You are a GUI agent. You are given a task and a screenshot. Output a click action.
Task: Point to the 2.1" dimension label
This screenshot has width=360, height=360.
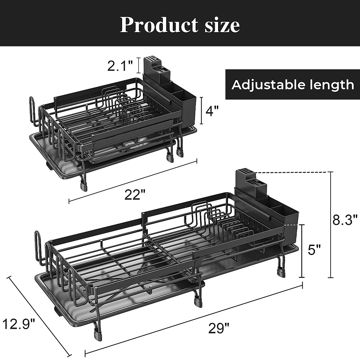pyautogui.click(x=120, y=66)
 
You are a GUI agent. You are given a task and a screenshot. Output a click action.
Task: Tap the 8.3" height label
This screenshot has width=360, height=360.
pyautogui.click(x=345, y=220)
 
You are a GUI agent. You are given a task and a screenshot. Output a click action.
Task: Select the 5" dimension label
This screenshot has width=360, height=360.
pyautogui.click(x=314, y=250)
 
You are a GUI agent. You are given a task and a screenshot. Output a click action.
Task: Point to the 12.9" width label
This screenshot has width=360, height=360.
pyautogui.click(x=19, y=324)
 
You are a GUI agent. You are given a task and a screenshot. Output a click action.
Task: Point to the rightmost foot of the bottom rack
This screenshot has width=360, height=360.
pyautogui.click(x=281, y=272)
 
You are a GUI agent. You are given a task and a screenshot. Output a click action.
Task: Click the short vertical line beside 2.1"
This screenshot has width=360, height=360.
pyautogui.click(x=138, y=65)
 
